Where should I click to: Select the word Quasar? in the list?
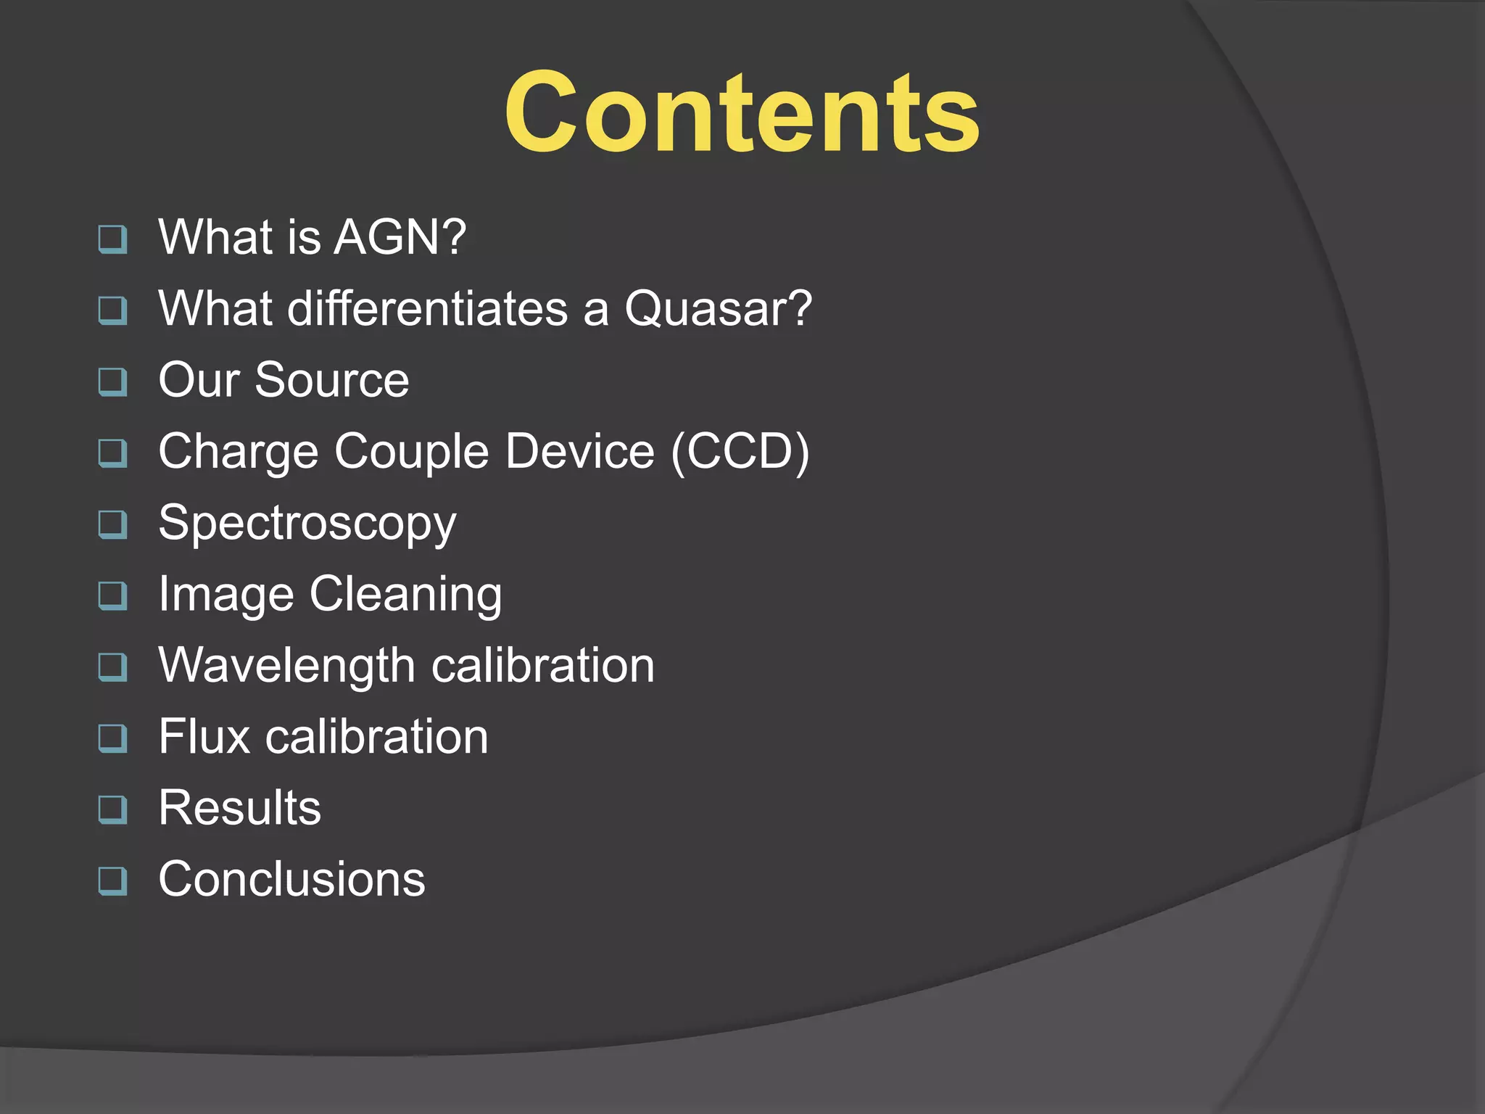(718, 308)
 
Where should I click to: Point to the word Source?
(332, 380)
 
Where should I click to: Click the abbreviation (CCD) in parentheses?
(740, 452)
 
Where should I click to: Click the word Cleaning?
(405, 595)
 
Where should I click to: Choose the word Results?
(239, 808)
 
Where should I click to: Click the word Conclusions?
(291, 879)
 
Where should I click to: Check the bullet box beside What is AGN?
(113, 239)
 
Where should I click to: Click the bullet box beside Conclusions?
(113, 881)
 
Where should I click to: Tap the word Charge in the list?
(238, 452)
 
